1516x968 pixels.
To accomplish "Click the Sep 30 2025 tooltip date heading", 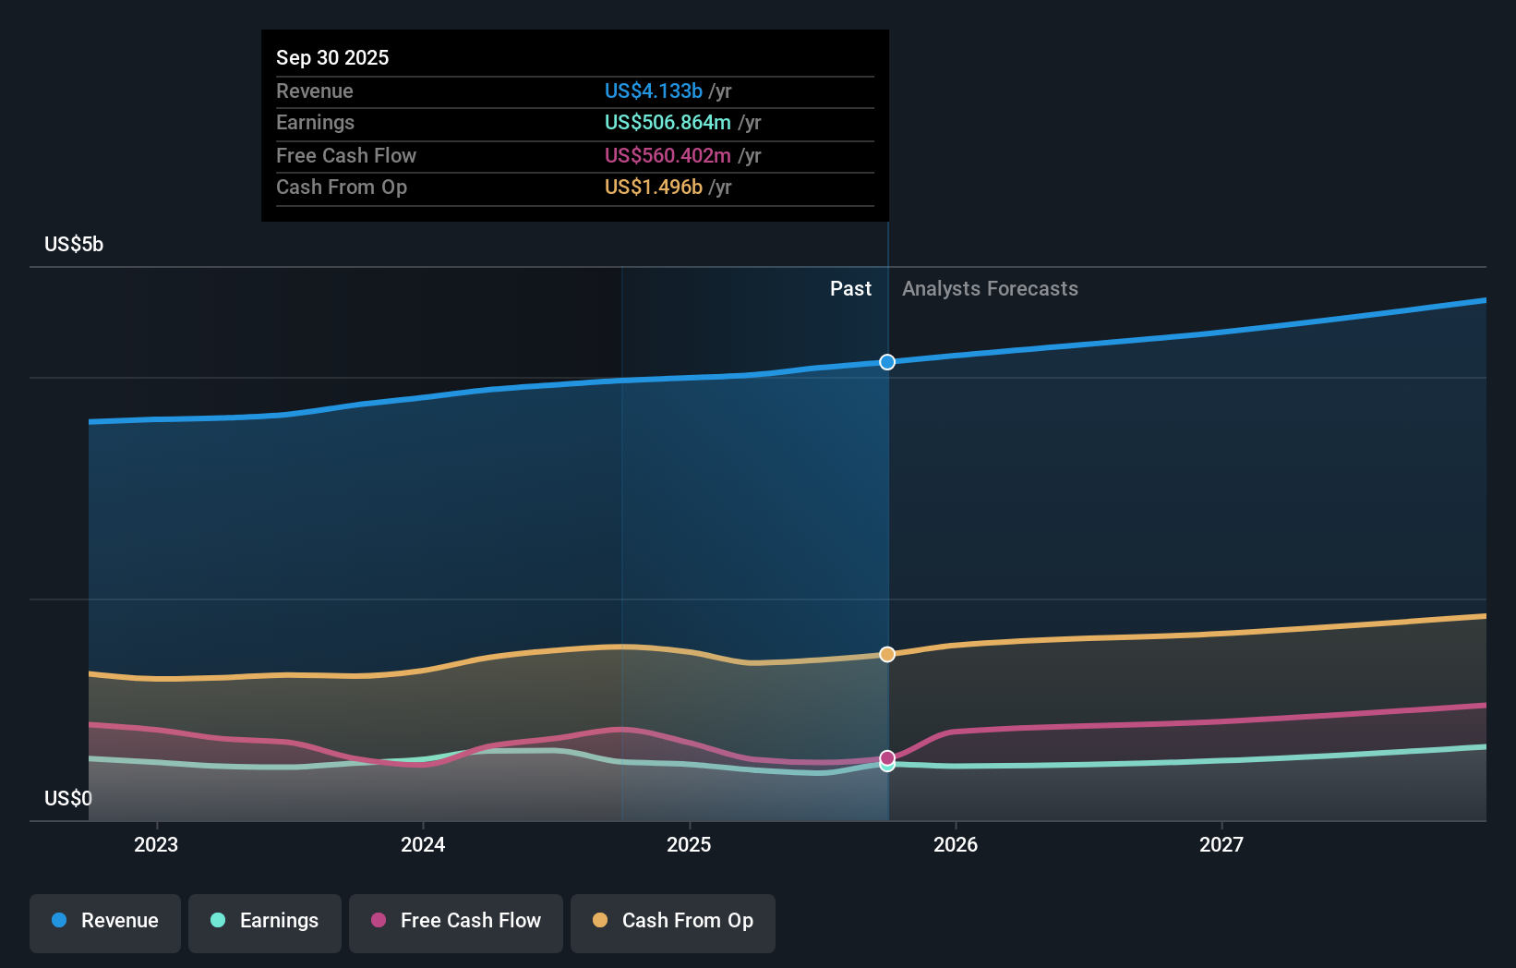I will tap(332, 57).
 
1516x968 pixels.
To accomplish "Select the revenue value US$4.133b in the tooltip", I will tap(653, 91).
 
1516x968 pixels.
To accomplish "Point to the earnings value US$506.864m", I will tap(667, 122).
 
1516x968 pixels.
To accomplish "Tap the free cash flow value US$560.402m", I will tap(667, 155).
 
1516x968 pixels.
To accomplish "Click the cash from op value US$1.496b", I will tap(653, 187).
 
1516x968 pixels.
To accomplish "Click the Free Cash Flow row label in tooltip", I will tap(345, 155).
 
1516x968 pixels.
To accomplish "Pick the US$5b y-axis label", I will tap(74, 244).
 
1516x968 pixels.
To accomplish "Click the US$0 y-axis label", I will tap(67, 798).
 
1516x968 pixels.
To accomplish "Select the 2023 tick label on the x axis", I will tap(156, 844).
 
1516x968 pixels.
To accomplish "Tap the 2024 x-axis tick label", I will tap(423, 844).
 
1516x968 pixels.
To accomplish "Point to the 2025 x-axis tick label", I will tap(689, 844).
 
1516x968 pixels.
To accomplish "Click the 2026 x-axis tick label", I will tap(955, 844).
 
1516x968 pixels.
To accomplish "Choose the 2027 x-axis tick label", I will tap(1221, 844).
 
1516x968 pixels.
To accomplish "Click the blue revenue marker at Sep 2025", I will tap(887, 362).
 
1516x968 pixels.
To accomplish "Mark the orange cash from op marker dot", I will tap(887, 654).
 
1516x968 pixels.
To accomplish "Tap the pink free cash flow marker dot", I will tap(887, 757).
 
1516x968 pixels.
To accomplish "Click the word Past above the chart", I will tap(850, 288).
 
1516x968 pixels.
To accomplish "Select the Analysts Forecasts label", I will tap(990, 288).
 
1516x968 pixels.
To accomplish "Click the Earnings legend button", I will tap(265, 921).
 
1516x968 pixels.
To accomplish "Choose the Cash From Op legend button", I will tap(673, 921).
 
